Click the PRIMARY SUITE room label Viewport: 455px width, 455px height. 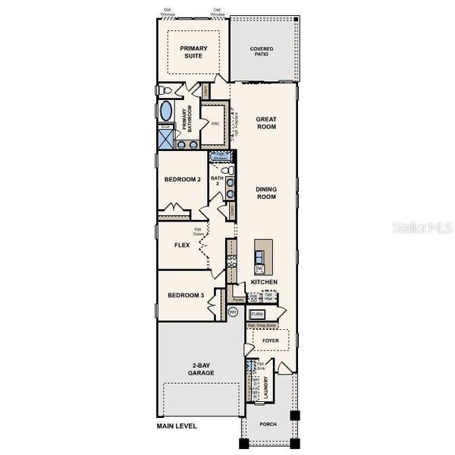pyautogui.click(x=193, y=52)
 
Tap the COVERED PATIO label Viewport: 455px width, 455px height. pyautogui.click(x=262, y=52)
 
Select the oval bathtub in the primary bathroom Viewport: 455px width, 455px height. pyautogui.click(x=166, y=111)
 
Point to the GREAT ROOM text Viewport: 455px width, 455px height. pyautogui.click(x=265, y=123)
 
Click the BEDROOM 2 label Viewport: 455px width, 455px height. pyautogui.click(x=182, y=180)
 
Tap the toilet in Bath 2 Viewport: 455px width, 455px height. pyautogui.click(x=230, y=196)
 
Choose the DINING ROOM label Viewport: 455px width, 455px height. pyautogui.click(x=265, y=193)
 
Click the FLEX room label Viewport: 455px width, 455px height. pyautogui.click(x=182, y=245)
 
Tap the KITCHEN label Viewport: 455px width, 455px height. pyautogui.click(x=264, y=282)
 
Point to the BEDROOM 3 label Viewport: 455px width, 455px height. pyautogui.click(x=186, y=295)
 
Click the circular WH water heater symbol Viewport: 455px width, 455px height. pyautogui.click(x=234, y=310)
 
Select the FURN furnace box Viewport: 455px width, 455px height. pyautogui.click(x=257, y=314)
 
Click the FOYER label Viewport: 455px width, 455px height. pyautogui.click(x=271, y=341)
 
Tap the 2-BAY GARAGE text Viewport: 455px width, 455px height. pyautogui.click(x=201, y=369)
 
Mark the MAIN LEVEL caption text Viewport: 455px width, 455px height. pyautogui.click(x=177, y=426)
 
